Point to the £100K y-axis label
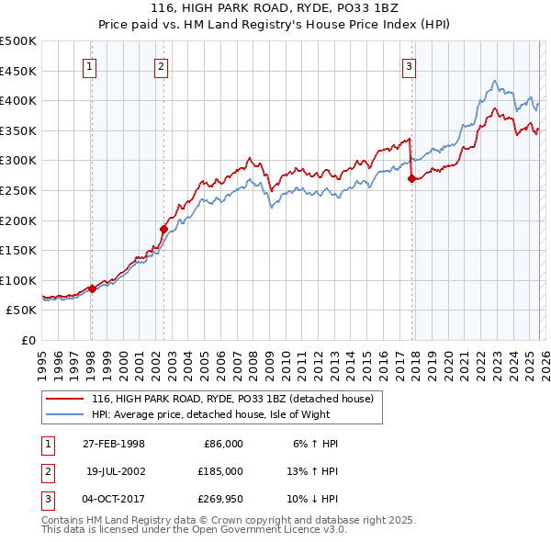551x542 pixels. [x=18, y=280]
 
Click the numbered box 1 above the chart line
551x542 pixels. [x=91, y=66]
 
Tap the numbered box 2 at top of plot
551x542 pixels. [x=161, y=66]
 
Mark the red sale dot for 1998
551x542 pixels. [x=93, y=288]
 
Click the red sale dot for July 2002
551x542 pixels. [x=164, y=230]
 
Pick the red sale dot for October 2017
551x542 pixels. [x=411, y=179]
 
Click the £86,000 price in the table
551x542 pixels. [x=222, y=444]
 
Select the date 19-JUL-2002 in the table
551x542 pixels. [x=115, y=470]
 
